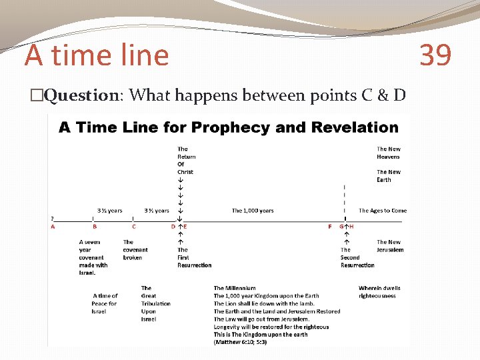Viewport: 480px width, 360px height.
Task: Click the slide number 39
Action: point(435,55)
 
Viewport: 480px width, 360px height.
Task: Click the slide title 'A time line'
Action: point(97,55)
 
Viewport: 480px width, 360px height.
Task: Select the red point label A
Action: point(53,227)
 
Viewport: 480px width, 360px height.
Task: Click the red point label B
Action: point(95,227)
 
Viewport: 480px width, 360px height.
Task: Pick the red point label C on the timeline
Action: point(134,227)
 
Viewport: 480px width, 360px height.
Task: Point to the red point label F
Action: point(330,227)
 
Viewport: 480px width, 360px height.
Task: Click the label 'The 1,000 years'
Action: point(253,211)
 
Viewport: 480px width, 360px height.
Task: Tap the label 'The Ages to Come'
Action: point(383,211)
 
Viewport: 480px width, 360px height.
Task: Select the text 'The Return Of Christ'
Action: point(185,161)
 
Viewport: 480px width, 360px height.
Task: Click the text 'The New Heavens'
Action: point(388,153)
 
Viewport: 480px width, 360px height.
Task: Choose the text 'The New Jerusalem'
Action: point(389,246)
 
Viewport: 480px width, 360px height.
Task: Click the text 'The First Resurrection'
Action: point(194,257)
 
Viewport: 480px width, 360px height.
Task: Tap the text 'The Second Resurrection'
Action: point(357,257)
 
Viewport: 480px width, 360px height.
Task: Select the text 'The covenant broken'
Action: point(135,250)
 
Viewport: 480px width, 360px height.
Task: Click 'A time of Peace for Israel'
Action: point(105,303)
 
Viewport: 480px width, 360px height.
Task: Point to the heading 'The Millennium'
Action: point(235,288)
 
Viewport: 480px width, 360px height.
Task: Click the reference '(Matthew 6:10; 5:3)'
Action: point(240,342)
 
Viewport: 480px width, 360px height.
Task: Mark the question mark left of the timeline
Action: point(53,218)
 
